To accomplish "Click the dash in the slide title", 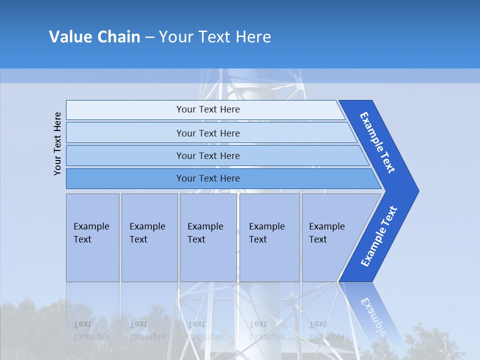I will pos(150,37).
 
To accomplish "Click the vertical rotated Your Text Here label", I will pos(57,143).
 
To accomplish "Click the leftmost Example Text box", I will pos(92,237).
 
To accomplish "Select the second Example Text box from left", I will pos(149,237).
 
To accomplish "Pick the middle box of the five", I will pos(208,237).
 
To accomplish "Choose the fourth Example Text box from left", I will pos(269,237).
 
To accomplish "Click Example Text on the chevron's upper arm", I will pos(377,142).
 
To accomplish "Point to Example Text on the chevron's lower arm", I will pos(378,236).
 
